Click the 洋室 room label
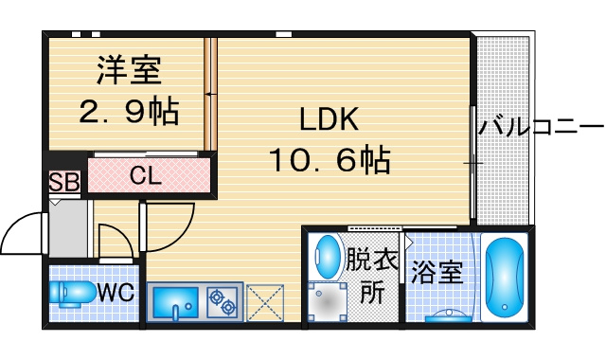pos(129,70)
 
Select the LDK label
pos(330,119)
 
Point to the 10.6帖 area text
pos(330,159)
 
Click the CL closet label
pos(145,175)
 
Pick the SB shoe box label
pos(64,182)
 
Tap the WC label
pos(116,292)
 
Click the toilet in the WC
pos(72,293)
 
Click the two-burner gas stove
pos(222,302)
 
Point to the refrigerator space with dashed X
pos(265,302)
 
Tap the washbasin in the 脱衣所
pos(327,256)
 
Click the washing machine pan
pos(328,302)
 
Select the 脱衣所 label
pos(372,276)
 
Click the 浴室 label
pos(437,272)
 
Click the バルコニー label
pos(541,127)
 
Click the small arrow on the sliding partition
pos(208,94)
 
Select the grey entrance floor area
pos(68,228)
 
